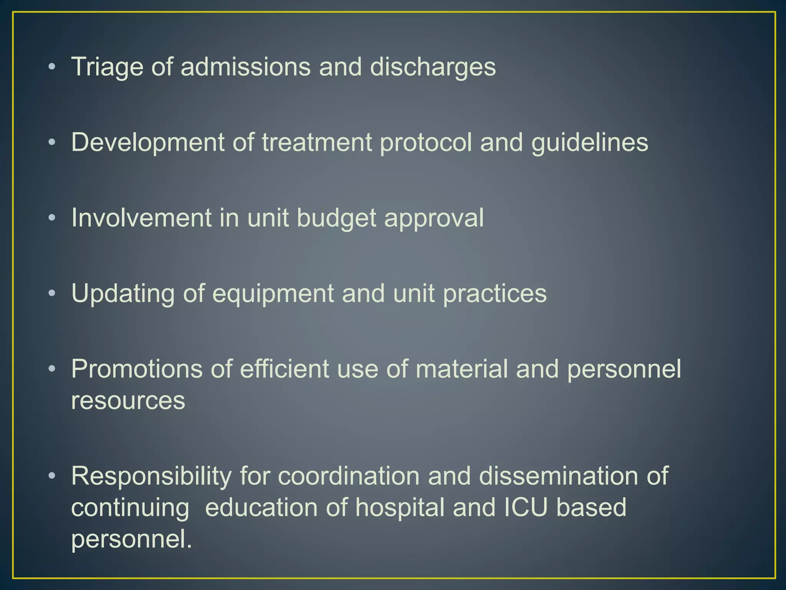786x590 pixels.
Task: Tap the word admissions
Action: (245, 67)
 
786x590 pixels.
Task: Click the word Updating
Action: (123, 294)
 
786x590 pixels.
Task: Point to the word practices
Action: (495, 294)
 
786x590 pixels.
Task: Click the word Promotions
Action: (136, 369)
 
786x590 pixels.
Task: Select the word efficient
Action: (284, 369)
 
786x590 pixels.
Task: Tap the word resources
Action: (128, 401)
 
